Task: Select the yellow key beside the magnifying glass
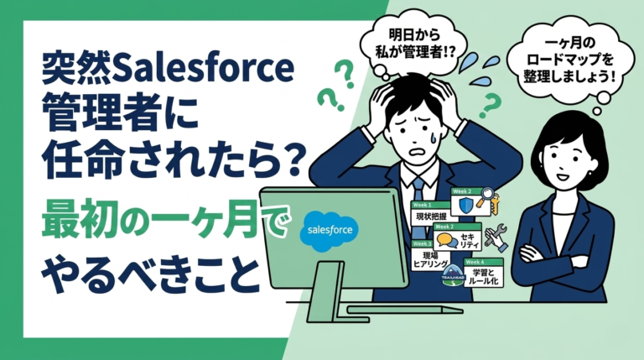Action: click(x=496, y=204)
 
